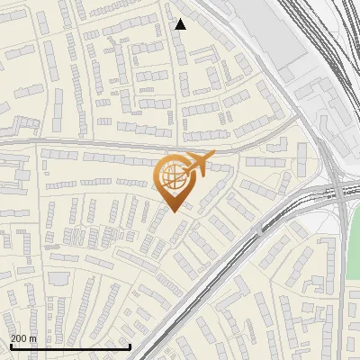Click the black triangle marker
(181, 24)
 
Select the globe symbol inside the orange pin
(170, 175)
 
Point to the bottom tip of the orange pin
(174, 211)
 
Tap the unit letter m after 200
(33, 339)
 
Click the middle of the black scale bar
(70, 346)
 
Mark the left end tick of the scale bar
(10, 346)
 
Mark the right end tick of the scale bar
(130, 346)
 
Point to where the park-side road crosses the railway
(340, 191)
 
